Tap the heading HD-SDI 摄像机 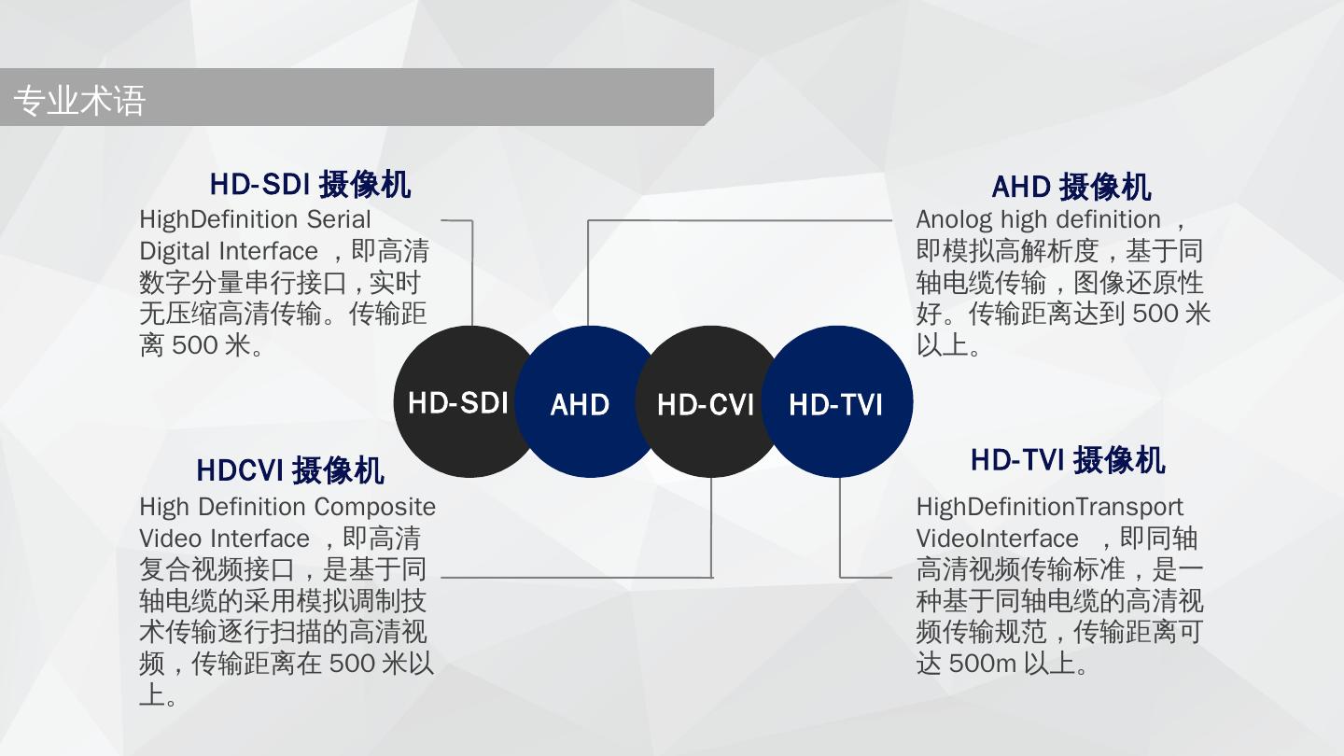(310, 185)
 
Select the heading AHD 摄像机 (1071, 188)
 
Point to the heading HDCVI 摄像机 (290, 471)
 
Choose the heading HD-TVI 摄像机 (1068, 460)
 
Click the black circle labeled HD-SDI (456, 403)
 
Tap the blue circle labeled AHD (580, 404)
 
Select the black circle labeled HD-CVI (706, 404)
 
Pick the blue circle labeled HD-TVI (835, 404)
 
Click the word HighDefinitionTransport (1049, 508)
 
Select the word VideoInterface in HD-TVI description (997, 539)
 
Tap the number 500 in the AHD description (1155, 315)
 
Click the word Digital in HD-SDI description (175, 252)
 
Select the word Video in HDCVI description (171, 539)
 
